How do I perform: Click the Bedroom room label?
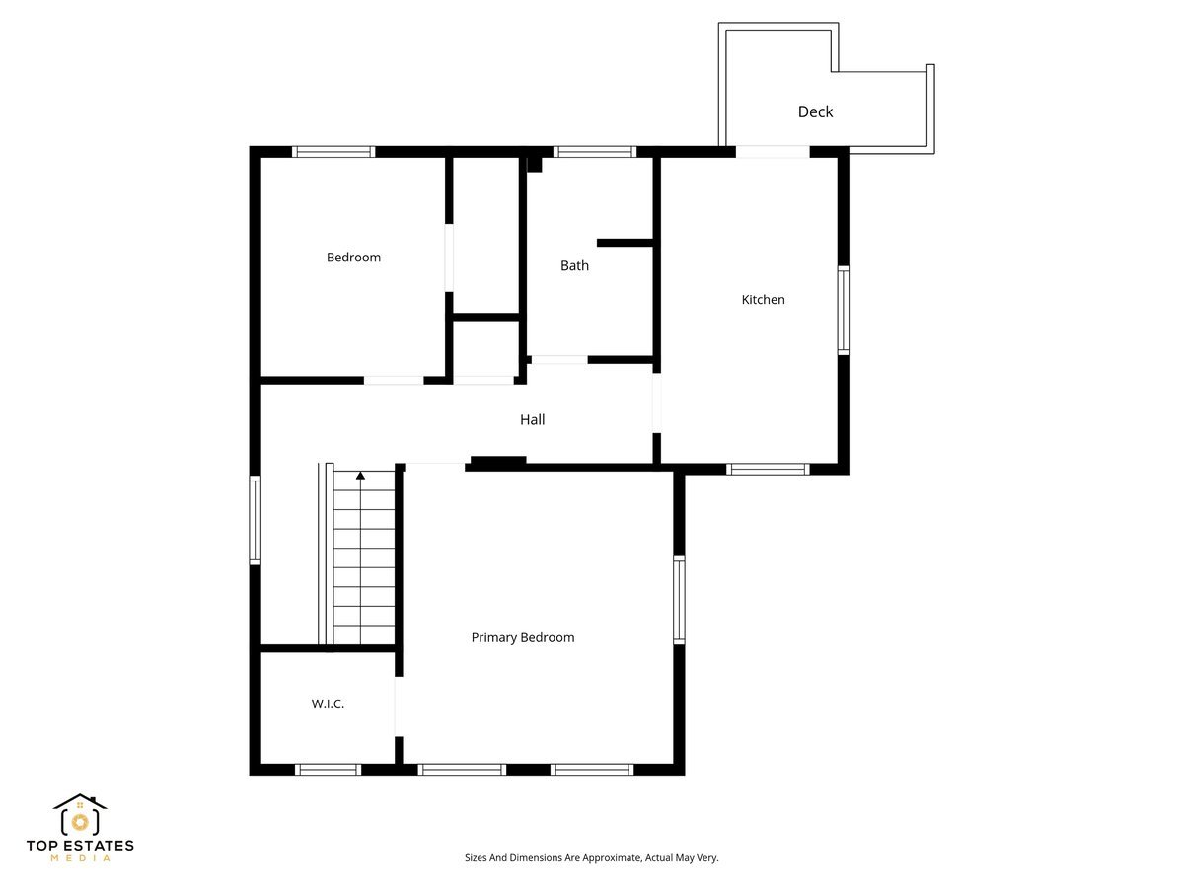click(353, 258)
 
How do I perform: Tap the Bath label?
click(574, 265)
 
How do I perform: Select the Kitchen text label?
click(763, 299)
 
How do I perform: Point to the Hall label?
click(532, 419)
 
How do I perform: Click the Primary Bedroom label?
click(522, 637)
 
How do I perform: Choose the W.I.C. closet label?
click(328, 704)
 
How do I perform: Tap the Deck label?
click(815, 111)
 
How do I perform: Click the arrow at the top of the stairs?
click(360, 476)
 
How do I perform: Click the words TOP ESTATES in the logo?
click(80, 846)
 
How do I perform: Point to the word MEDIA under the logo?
click(80, 858)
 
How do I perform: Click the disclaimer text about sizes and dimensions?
click(591, 858)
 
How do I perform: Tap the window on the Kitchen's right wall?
click(844, 310)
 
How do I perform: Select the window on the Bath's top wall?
click(594, 152)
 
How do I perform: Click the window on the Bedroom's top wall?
click(333, 152)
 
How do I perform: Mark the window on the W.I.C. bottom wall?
click(328, 769)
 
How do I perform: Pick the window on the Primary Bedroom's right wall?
click(679, 600)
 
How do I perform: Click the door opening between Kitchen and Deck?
click(773, 152)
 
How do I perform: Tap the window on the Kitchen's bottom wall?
click(768, 470)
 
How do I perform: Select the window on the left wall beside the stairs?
click(255, 520)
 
